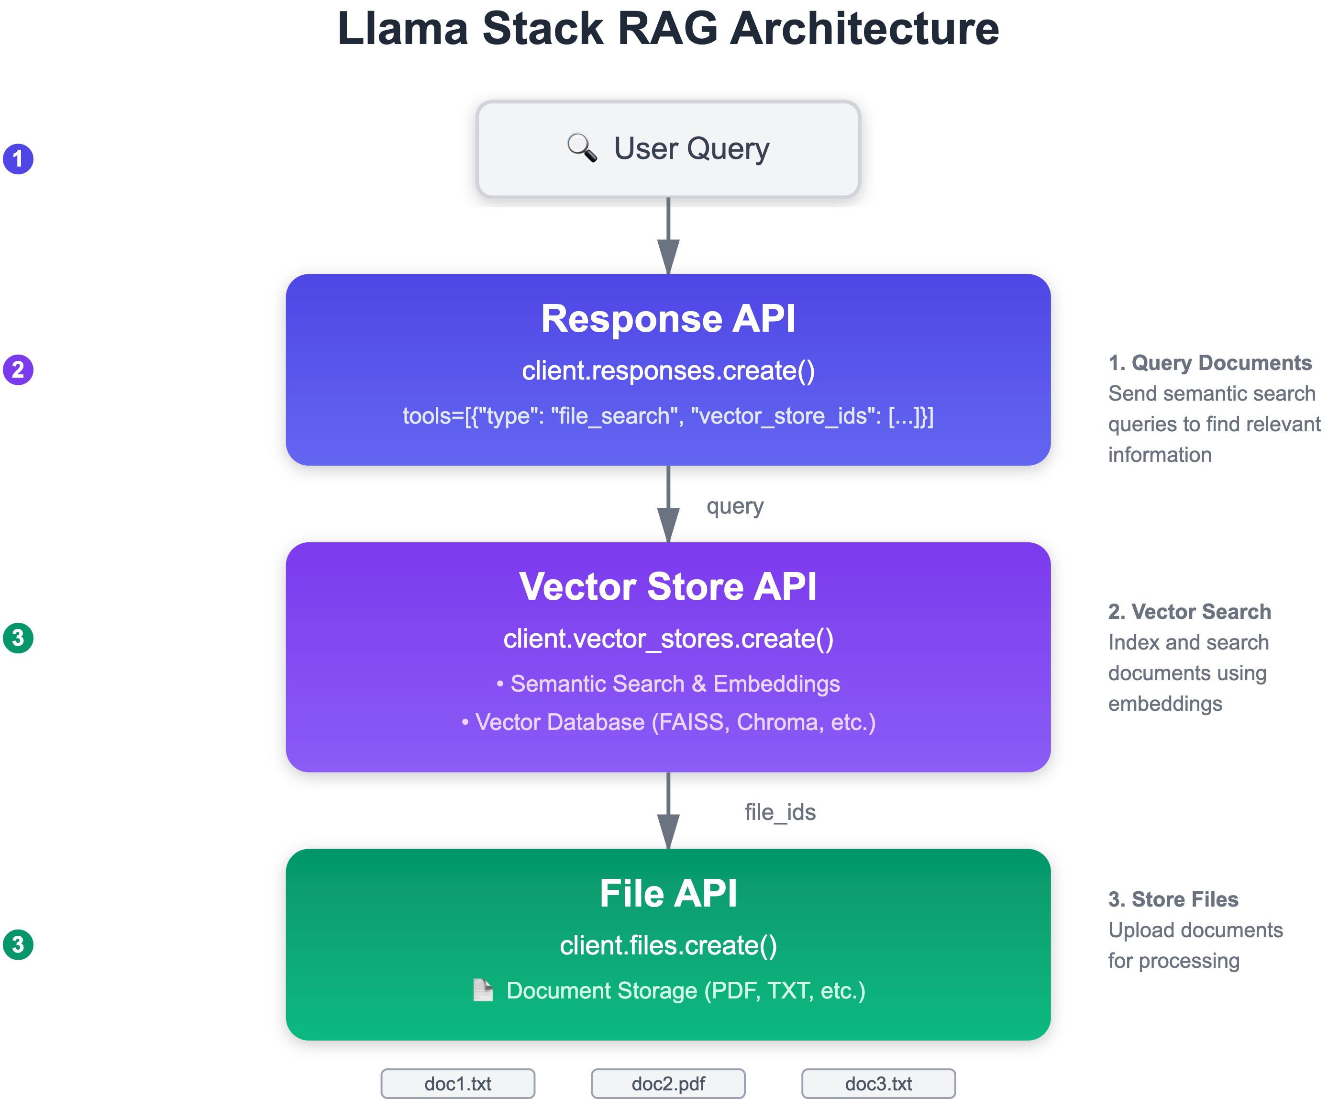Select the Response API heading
[668, 318]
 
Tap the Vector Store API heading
[668, 586]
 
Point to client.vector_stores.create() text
[668, 639]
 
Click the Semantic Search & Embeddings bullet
[668, 684]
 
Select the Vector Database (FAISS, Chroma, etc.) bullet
[668, 722]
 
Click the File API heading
[668, 893]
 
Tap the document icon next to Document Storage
[483, 990]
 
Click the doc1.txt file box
[458, 1084]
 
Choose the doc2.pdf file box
[668, 1084]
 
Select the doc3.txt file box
[878, 1084]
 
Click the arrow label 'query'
[735, 506]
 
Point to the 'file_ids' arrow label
[780, 812]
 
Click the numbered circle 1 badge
[18, 159]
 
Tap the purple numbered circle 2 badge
[18, 370]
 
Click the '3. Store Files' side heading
[1173, 899]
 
